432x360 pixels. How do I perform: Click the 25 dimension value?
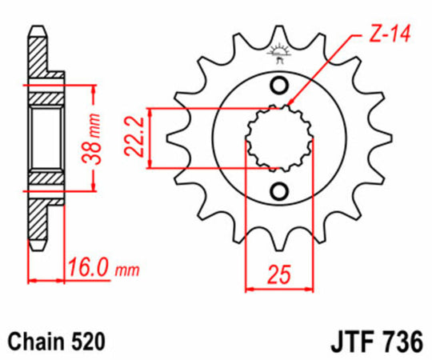pyautogui.click(x=277, y=276)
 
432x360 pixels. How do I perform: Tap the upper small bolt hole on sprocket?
pyautogui.click(x=278, y=86)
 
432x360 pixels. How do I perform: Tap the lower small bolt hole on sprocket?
pyautogui.click(x=278, y=190)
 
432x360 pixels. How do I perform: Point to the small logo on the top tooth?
pyautogui.click(x=278, y=53)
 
